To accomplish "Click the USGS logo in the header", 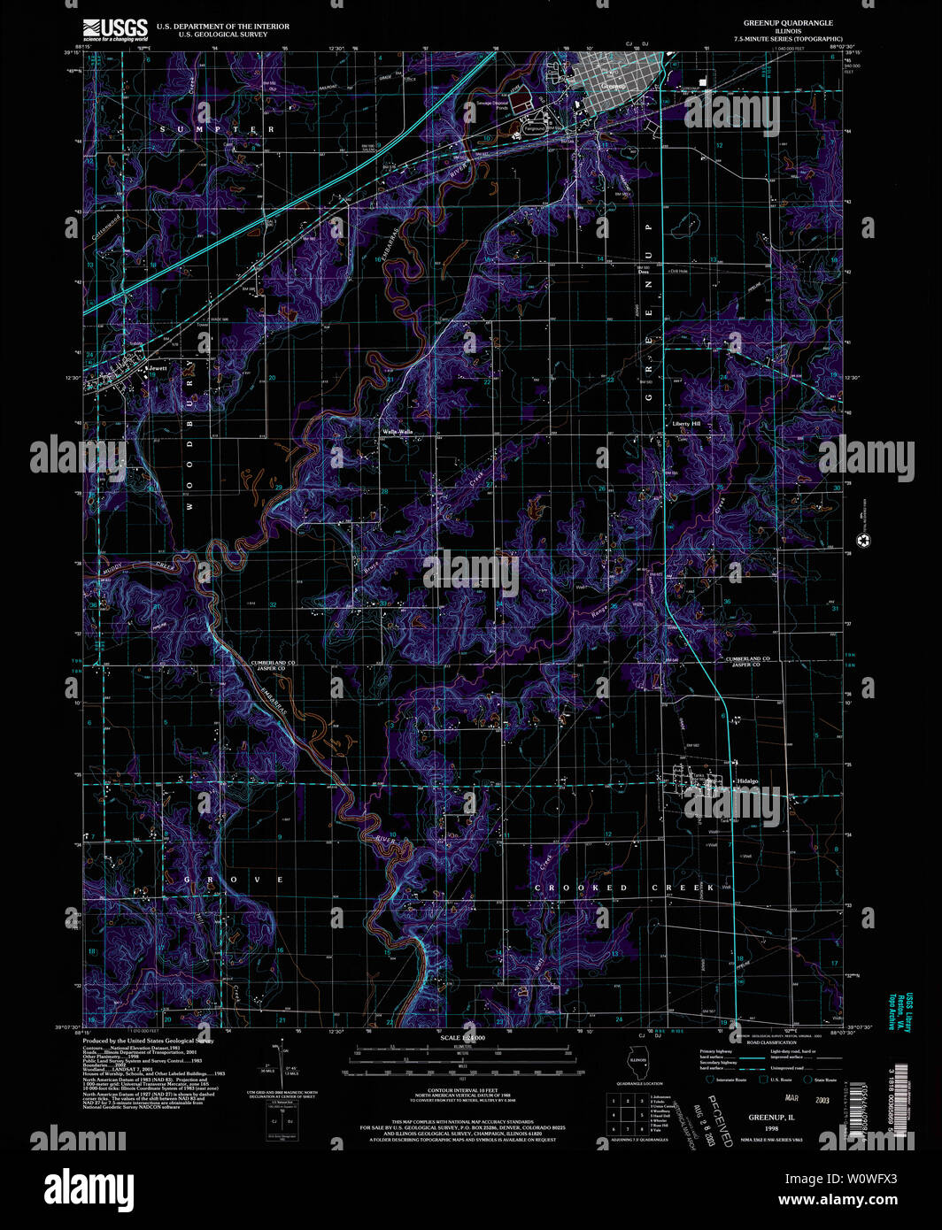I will point(115,30).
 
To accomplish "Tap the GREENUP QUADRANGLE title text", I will point(787,23).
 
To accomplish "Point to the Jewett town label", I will point(158,368).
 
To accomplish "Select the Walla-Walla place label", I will point(398,432).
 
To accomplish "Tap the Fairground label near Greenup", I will point(534,128).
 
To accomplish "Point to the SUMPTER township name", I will point(217,130).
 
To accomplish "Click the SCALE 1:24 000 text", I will point(463,1037).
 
